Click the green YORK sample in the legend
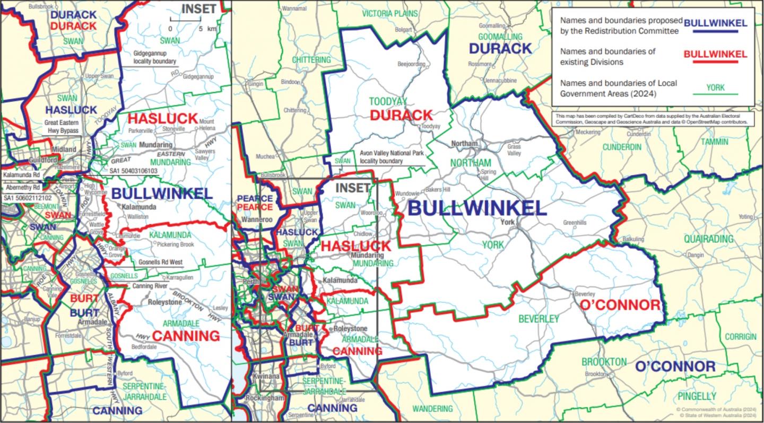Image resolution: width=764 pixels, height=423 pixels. pyautogui.click(x=716, y=87)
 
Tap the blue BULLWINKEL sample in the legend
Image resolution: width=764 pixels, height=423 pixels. pyautogui.click(x=716, y=23)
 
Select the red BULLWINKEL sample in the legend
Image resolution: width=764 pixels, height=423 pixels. pyautogui.click(x=715, y=54)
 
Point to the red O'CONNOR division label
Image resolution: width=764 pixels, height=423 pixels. pyautogui.click(x=620, y=305)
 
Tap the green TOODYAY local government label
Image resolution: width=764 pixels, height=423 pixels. pyautogui.click(x=388, y=101)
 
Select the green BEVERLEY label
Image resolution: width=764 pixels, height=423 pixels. pyautogui.click(x=539, y=319)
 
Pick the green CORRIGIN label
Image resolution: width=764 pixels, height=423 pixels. pyautogui.click(x=741, y=337)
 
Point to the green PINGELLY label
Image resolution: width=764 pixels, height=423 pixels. pyautogui.click(x=697, y=396)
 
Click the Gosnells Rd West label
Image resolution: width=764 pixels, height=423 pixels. pyautogui.click(x=160, y=262)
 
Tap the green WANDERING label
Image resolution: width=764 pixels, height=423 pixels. pyautogui.click(x=432, y=409)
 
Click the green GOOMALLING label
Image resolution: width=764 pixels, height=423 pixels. pyautogui.click(x=500, y=37)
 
